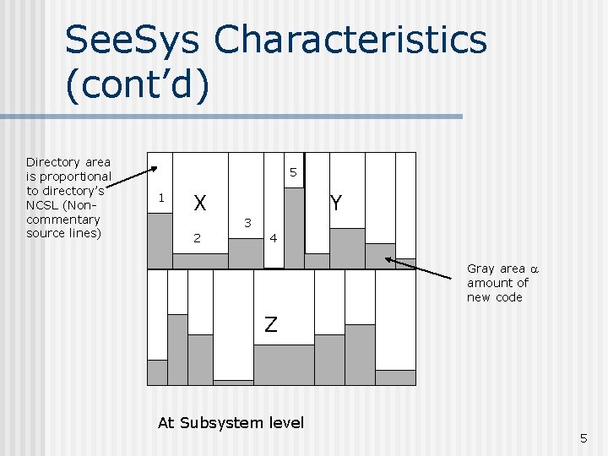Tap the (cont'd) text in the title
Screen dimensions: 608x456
pyautogui.click(x=136, y=88)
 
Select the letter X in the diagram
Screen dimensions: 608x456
pyautogui.click(x=200, y=204)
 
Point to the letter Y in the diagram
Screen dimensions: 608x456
pyautogui.click(x=335, y=204)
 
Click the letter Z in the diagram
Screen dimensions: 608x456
pyautogui.click(x=270, y=324)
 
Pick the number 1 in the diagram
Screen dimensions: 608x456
pyautogui.click(x=160, y=198)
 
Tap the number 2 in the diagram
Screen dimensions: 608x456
pyautogui.click(x=198, y=238)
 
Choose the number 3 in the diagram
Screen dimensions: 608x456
pyautogui.click(x=247, y=223)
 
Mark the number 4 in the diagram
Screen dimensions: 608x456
pyautogui.click(x=273, y=239)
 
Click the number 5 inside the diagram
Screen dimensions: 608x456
pyautogui.click(x=292, y=173)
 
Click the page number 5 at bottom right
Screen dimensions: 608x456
pyautogui.click(x=583, y=438)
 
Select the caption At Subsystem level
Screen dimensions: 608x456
pyautogui.click(x=231, y=422)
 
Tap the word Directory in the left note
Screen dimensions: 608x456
pyautogui.click(x=52, y=161)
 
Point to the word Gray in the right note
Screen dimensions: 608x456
pyautogui.click(x=480, y=269)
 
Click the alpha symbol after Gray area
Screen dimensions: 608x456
pyautogui.click(x=533, y=269)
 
